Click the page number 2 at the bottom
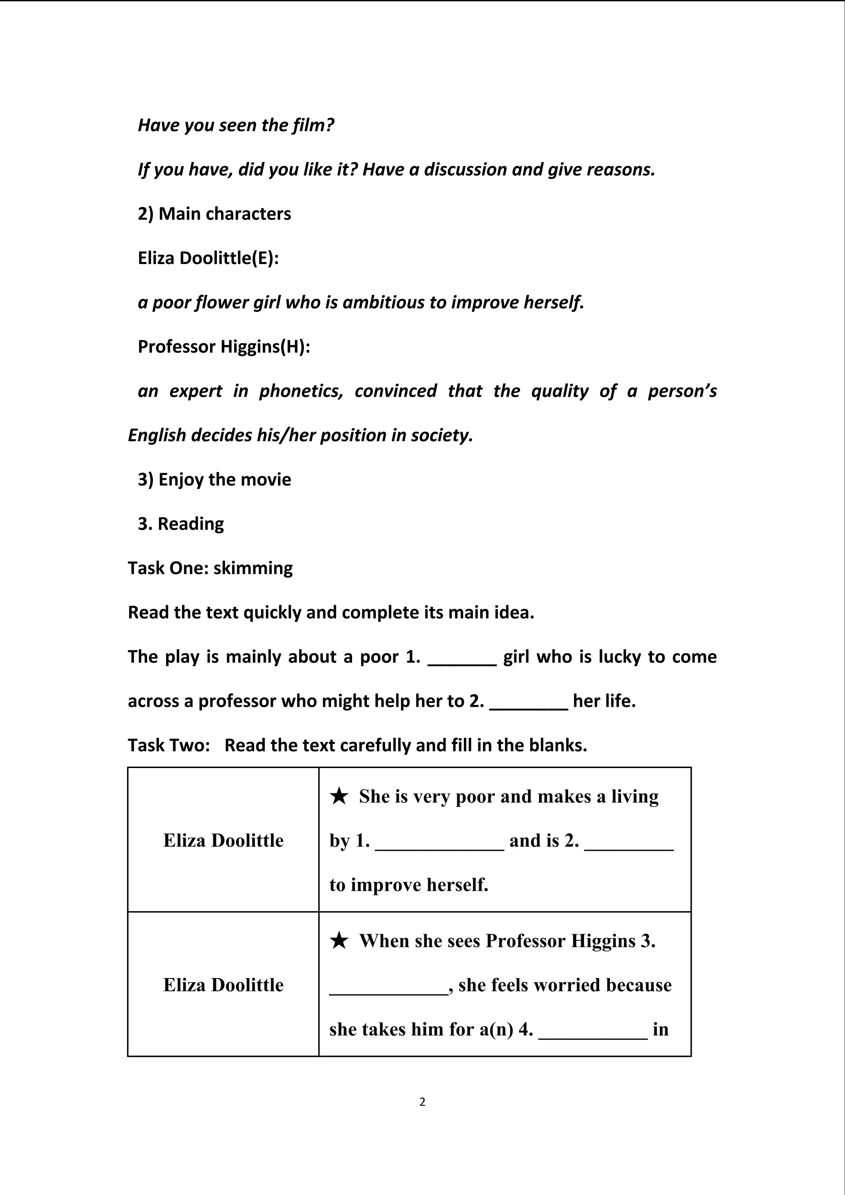[422, 1102]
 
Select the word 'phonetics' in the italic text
[301, 391]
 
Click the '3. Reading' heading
[181, 524]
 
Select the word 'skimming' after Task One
[253, 568]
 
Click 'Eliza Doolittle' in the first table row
[223, 840]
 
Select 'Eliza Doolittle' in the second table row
[223, 985]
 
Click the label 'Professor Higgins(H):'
[224, 347]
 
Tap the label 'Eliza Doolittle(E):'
[208, 258]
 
